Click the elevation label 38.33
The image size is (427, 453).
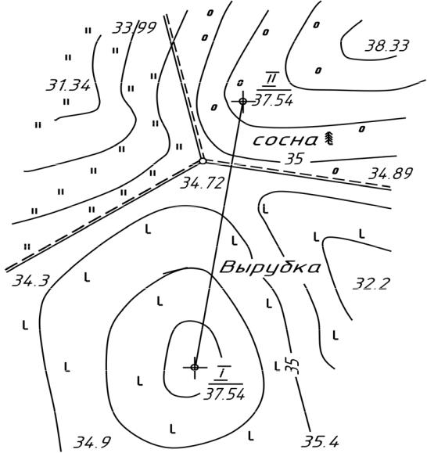point(387,45)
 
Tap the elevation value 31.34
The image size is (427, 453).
point(68,85)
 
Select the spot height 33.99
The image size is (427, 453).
point(135,27)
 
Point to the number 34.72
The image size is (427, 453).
point(202,183)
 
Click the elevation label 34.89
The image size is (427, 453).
point(390,174)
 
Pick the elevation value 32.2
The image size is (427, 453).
point(371,283)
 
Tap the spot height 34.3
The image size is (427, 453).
point(31,281)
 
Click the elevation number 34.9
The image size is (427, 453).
point(92,442)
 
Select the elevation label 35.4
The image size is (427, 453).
point(320,442)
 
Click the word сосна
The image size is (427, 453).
point(285,141)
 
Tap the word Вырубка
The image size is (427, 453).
point(270,268)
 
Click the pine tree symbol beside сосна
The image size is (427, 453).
point(328,138)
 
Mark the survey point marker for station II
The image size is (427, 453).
point(242,101)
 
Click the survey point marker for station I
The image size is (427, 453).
point(195,367)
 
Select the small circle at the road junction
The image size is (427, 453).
point(203,161)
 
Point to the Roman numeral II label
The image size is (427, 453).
point(271,78)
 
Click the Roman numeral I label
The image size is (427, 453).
point(223,373)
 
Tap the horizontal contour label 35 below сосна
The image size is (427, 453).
point(294,159)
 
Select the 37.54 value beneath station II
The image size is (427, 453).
point(272,100)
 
